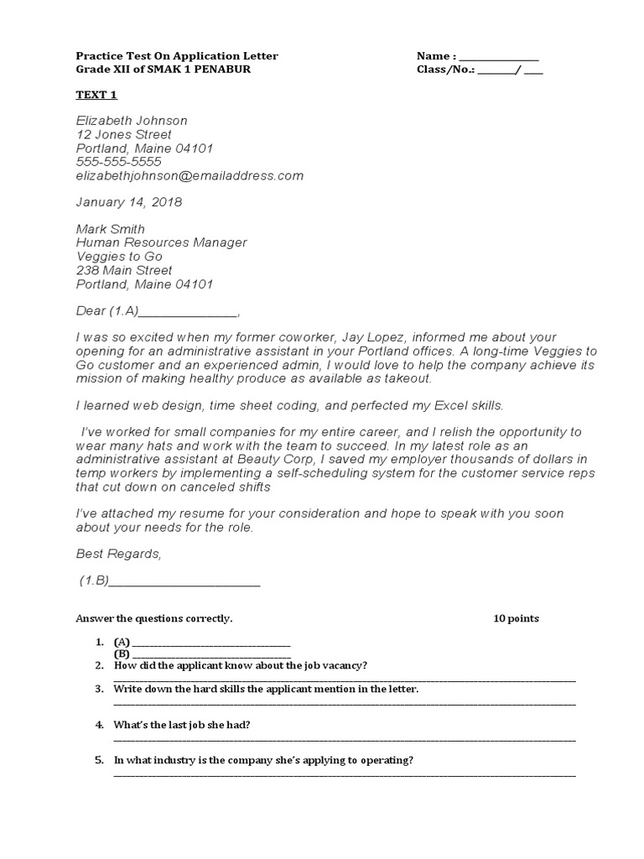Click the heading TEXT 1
click(x=96, y=96)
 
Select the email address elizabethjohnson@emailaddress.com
click(x=190, y=175)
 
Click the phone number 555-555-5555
click(x=118, y=161)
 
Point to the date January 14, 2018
click(x=128, y=202)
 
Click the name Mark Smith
click(x=110, y=229)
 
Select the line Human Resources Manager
click(x=161, y=242)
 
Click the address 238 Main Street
click(x=124, y=270)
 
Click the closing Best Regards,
click(x=117, y=554)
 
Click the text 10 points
click(x=516, y=619)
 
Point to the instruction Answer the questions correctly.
click(x=153, y=619)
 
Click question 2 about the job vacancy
click(x=240, y=665)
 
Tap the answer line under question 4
click(x=344, y=740)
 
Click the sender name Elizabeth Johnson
click(x=132, y=121)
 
